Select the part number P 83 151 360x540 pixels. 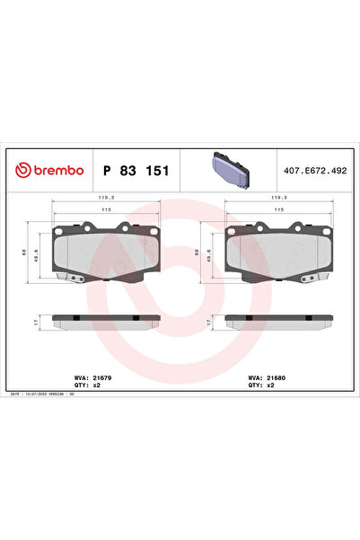(136, 170)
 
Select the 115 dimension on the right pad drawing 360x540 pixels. (279, 209)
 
